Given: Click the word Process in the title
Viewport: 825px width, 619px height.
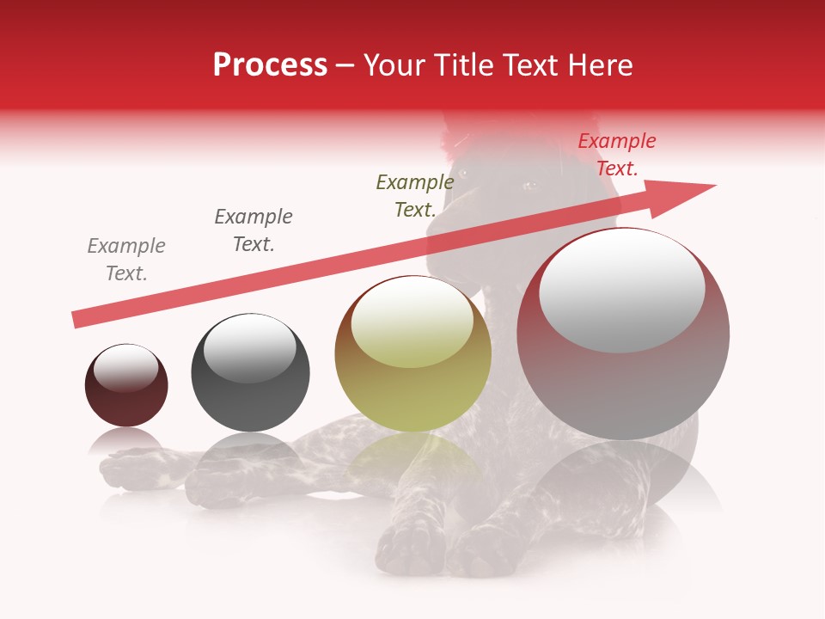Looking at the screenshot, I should tap(270, 65).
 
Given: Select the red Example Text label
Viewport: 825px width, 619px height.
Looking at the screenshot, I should tap(616, 155).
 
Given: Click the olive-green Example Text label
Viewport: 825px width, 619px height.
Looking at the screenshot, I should tap(414, 195).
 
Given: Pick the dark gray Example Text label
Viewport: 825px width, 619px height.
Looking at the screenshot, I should tap(253, 230).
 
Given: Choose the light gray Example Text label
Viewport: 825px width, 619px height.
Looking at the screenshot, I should tap(126, 259).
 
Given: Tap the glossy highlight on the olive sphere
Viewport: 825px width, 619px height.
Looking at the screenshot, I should tap(412, 322).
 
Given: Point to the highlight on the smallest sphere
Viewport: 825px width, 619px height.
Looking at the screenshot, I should tap(125, 368).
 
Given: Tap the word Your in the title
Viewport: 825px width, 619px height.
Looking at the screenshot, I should tap(394, 65).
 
